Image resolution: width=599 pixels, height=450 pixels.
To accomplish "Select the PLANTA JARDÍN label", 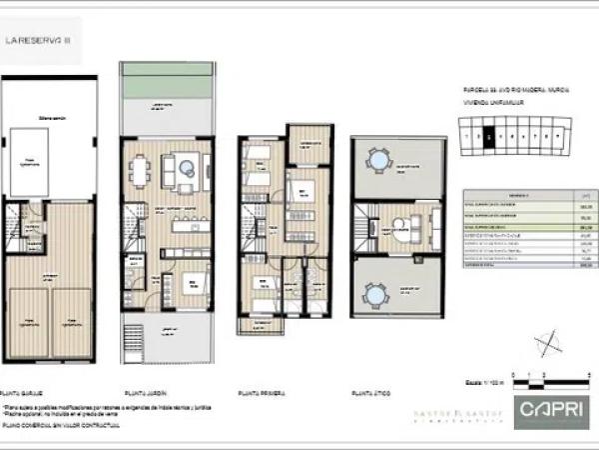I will [144, 392].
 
